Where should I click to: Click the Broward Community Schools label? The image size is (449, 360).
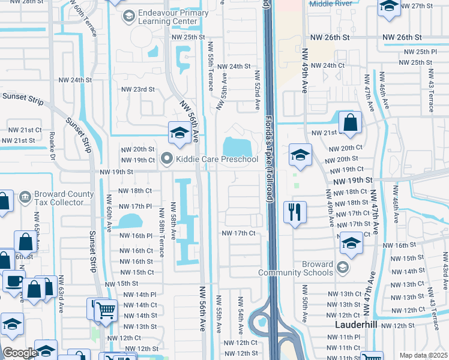point(295,268)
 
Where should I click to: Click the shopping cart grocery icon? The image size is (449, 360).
point(106,310)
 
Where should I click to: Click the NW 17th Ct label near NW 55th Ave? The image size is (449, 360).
point(239,233)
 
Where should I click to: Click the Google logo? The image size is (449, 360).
point(19,353)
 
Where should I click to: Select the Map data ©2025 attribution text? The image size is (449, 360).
point(423,355)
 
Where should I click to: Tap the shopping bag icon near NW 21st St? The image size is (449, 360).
point(350,122)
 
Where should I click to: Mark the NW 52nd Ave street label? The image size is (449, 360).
point(256,91)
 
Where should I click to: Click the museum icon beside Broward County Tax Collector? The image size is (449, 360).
point(25,197)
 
